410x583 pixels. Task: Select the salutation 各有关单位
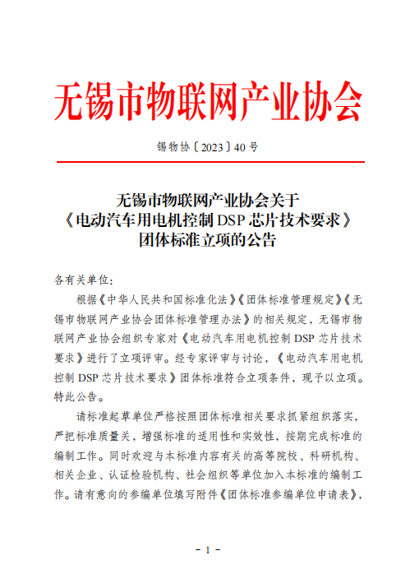click(80, 279)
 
